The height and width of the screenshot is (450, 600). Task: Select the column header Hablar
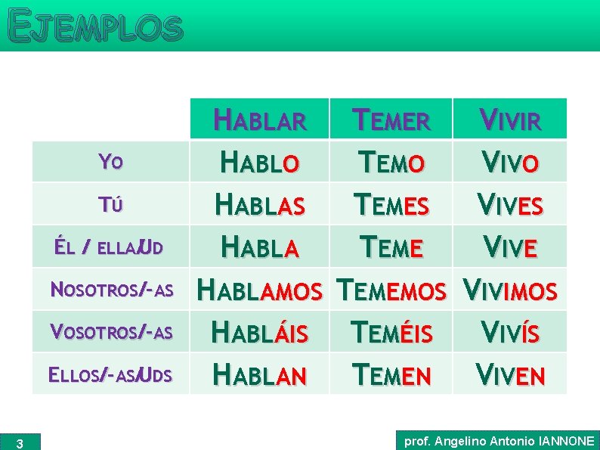(x=260, y=120)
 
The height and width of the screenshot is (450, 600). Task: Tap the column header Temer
(x=391, y=120)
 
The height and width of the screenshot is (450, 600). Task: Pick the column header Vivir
(x=509, y=120)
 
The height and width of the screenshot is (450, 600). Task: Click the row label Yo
(x=110, y=161)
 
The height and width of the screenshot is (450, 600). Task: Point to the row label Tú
(x=110, y=204)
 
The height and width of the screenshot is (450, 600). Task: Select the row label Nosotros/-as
(x=111, y=290)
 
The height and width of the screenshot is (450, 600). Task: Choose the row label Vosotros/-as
(x=111, y=332)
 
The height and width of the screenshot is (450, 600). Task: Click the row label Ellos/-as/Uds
(x=110, y=374)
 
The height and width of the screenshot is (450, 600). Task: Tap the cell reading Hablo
(x=260, y=162)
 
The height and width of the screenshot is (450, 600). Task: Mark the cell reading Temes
(x=391, y=204)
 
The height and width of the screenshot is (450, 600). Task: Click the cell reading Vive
(x=509, y=247)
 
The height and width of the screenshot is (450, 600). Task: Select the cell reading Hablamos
(x=260, y=290)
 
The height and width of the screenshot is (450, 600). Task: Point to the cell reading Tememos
(x=391, y=290)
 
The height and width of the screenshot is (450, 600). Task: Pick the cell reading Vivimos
(x=509, y=290)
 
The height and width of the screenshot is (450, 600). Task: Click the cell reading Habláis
(x=260, y=332)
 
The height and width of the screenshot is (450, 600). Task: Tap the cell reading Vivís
(x=509, y=332)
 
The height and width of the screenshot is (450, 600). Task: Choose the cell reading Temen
(x=391, y=374)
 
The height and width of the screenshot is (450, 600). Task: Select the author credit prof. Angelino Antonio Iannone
(x=499, y=440)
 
